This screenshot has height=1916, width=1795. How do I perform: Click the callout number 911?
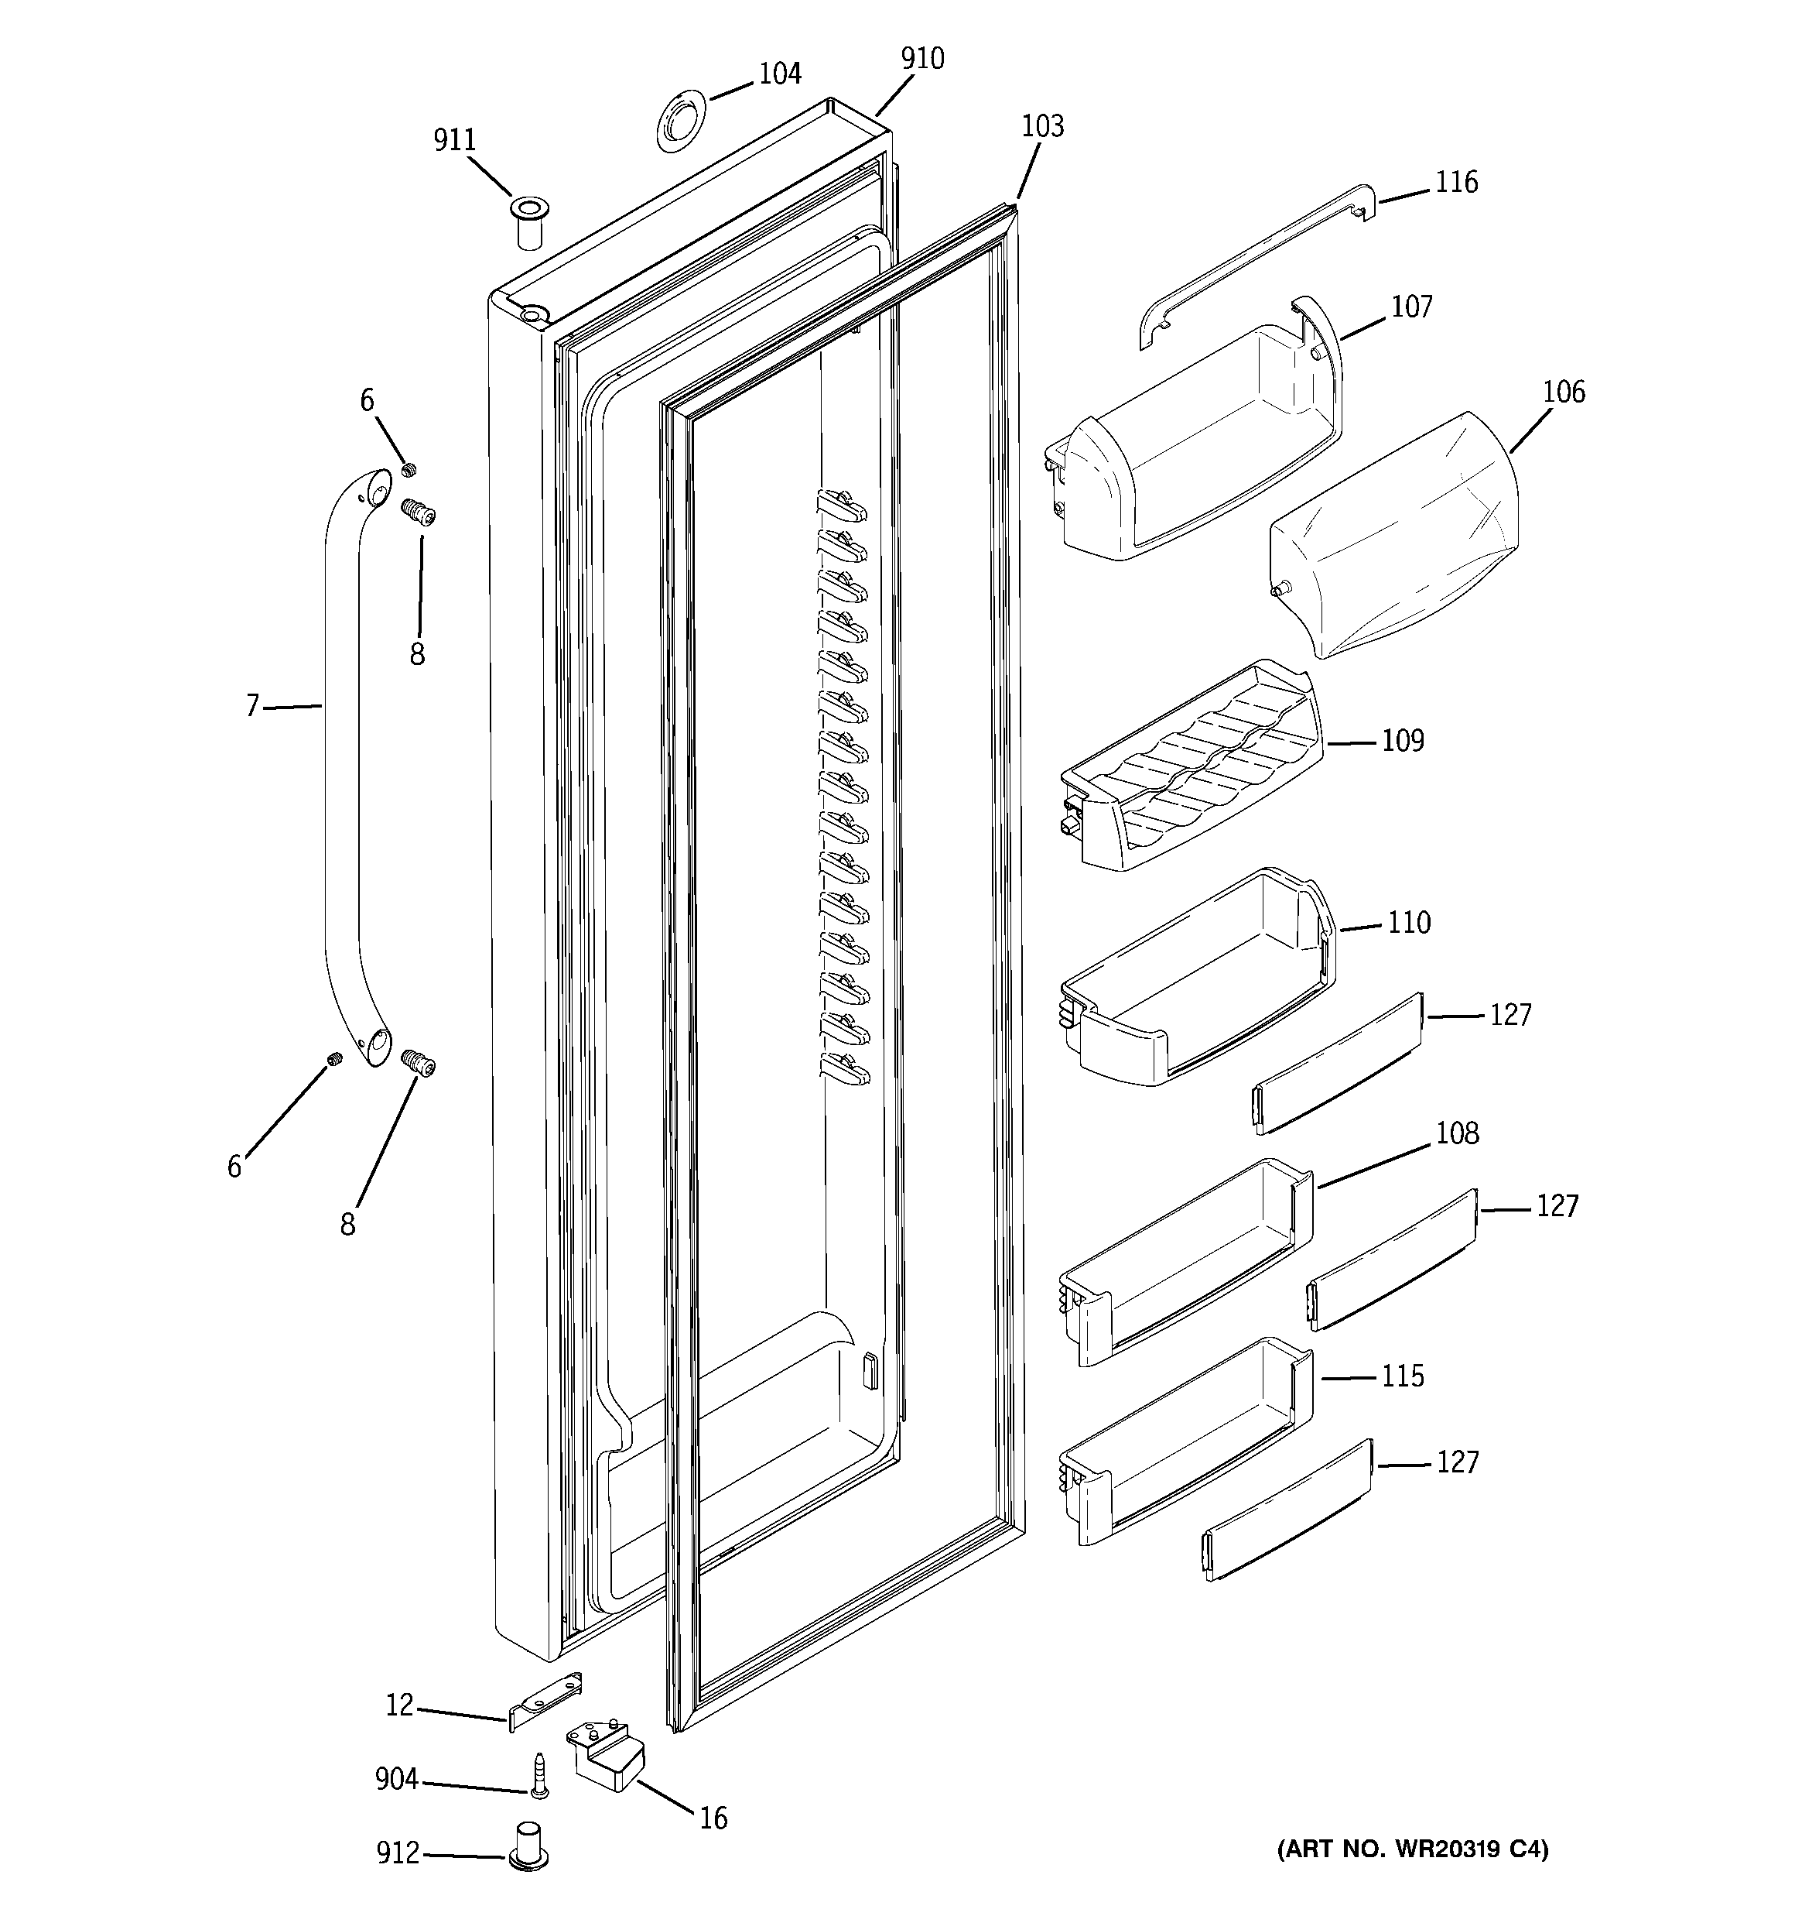click(454, 141)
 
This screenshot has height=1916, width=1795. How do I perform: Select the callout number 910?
click(922, 60)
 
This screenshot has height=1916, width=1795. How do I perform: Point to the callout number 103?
click(1042, 126)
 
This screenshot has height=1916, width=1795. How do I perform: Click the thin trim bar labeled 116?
click(1253, 265)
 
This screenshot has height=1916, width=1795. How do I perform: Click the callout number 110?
click(1409, 924)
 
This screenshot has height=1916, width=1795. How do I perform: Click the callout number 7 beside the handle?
click(252, 707)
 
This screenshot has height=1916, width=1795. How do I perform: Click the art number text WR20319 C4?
click(1413, 1849)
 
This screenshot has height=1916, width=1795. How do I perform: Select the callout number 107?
click(1411, 307)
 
